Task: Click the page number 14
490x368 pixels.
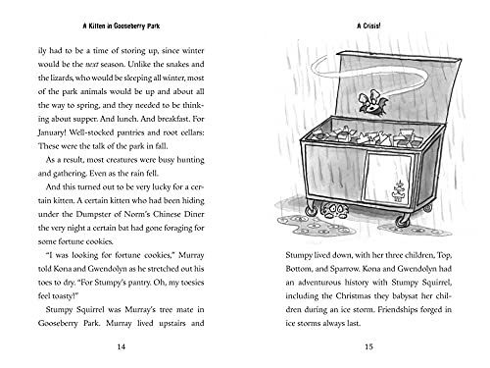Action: pyautogui.click(x=120, y=346)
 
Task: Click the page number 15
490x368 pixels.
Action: pyautogui.click(x=367, y=346)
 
